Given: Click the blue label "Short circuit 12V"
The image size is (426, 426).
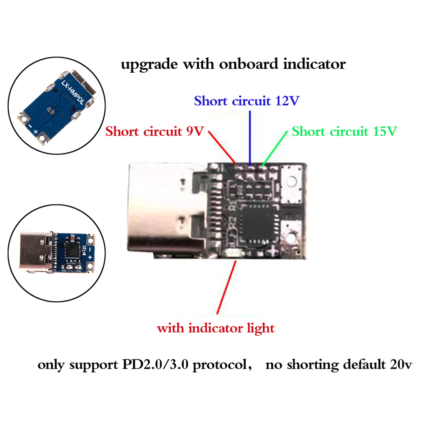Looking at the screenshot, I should (247, 101).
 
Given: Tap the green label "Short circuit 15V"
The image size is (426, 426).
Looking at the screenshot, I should (344, 131).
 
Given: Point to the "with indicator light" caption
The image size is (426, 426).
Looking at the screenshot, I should (216, 328).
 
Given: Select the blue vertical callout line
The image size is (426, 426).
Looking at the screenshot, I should (250, 136).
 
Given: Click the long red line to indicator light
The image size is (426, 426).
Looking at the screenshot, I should (226, 289).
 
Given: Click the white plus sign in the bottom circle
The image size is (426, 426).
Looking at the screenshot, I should (91, 258).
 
